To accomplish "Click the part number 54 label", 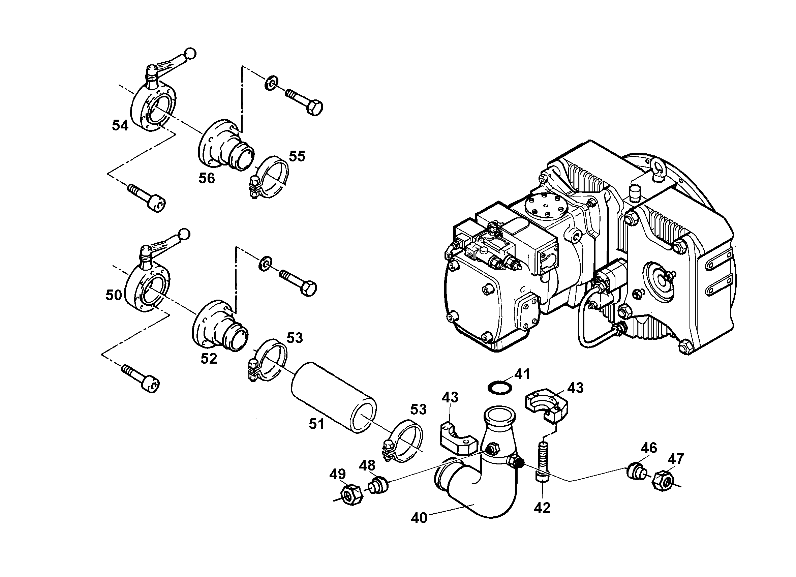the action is tap(120, 125).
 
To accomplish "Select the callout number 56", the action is tap(207, 178).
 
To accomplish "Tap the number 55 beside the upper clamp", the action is tap(297, 156).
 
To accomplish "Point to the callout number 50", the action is tap(114, 295).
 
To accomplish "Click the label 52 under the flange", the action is tap(209, 358).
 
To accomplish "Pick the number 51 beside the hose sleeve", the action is tap(316, 424).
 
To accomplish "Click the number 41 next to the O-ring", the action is tap(522, 374).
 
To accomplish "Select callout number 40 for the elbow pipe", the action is tap(419, 518).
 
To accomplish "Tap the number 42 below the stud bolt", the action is tap(542, 508).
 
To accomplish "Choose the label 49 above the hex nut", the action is tap(337, 474).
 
